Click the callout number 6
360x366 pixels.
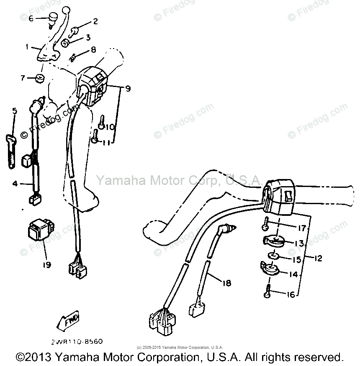(31, 18)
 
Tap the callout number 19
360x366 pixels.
(46, 265)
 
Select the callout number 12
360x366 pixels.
(318, 259)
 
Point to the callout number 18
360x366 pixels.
(226, 284)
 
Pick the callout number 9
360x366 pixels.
(128, 89)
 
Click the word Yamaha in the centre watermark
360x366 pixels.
(115, 181)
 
